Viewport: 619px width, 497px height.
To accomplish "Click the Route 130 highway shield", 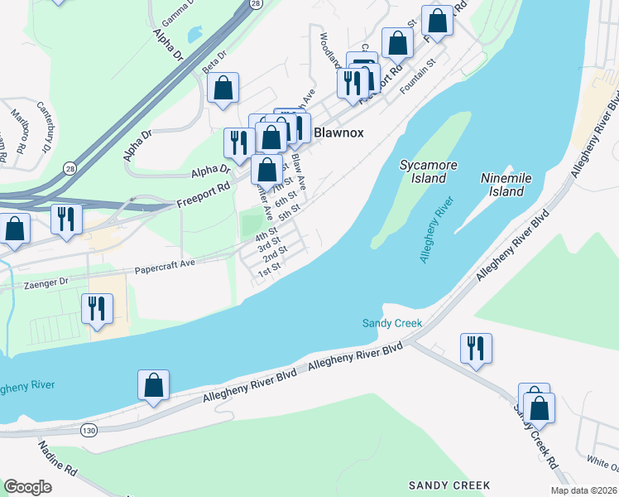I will coord(89,431).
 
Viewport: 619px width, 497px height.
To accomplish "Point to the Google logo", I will coord(27,487).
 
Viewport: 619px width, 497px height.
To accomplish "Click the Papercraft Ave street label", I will coord(165,268).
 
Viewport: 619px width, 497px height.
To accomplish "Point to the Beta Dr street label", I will coord(214,60).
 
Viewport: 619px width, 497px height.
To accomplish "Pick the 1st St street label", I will coord(270,268).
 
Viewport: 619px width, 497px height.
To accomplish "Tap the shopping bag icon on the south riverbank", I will coord(153,384).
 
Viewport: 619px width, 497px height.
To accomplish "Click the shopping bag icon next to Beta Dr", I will coord(223,87).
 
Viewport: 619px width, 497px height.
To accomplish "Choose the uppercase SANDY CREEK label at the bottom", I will coord(449,485).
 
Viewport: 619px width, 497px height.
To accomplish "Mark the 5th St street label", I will coord(289,212).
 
